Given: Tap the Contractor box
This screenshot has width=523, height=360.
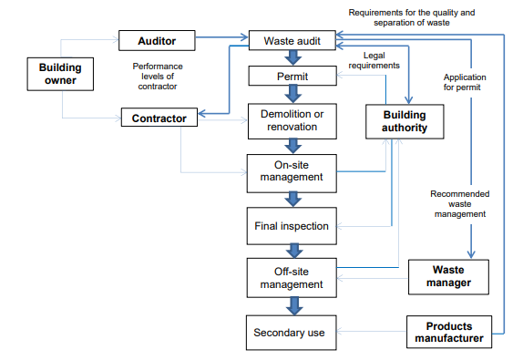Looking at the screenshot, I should tap(159, 118).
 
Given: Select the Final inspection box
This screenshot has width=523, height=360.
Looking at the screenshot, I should tap(292, 225).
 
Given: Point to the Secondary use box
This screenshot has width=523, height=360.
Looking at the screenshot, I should tap(292, 333).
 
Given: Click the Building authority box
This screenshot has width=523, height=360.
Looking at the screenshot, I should tap(405, 122).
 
